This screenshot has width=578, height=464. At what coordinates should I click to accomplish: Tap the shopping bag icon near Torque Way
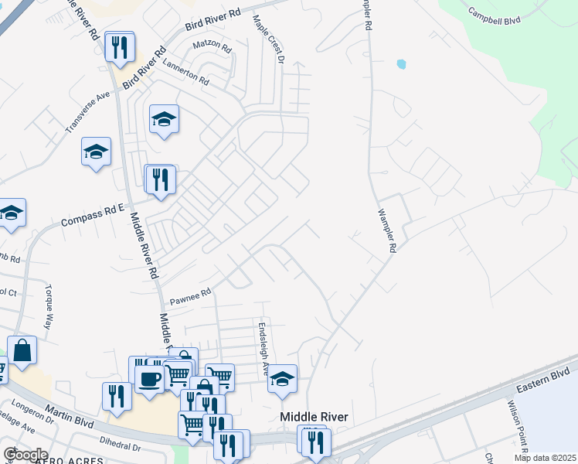click(22, 350)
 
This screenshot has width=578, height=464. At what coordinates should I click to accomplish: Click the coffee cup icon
click(149, 379)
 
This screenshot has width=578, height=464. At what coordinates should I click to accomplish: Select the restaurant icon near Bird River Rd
click(120, 47)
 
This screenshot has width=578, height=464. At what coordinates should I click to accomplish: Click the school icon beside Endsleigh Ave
click(283, 379)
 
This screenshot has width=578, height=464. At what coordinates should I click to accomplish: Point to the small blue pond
click(400, 64)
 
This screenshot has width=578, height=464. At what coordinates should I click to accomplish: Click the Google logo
click(25, 454)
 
